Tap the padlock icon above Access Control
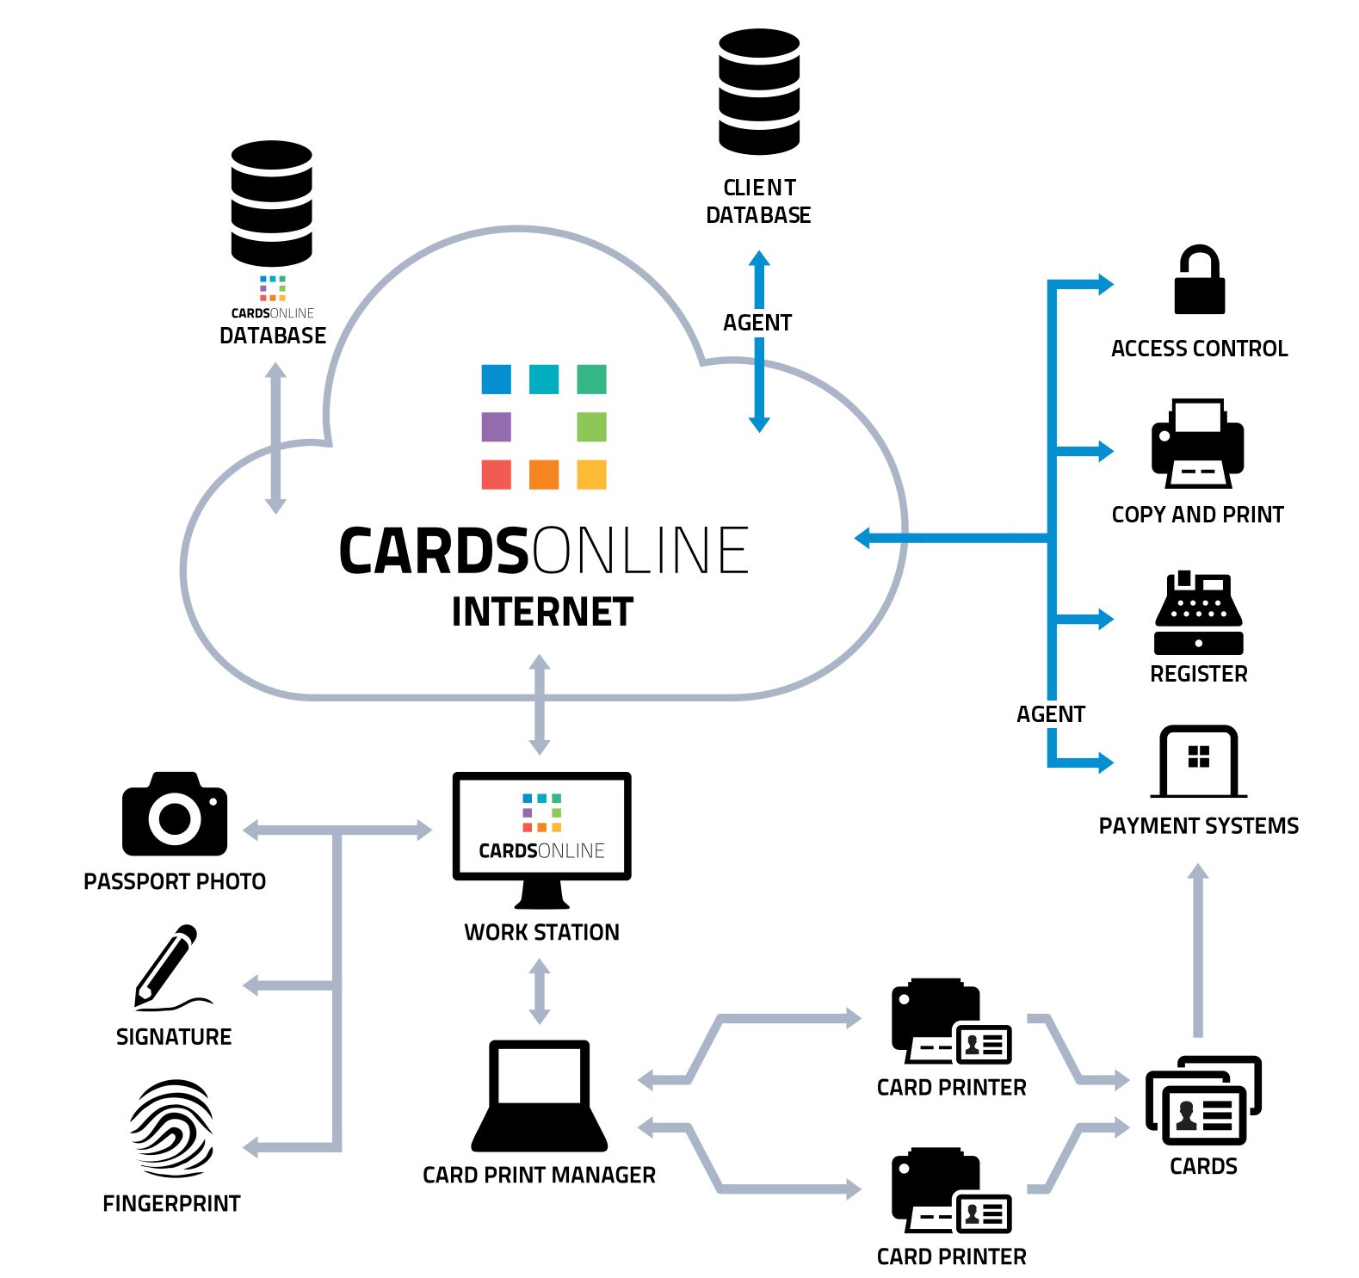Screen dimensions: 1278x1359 click(1199, 281)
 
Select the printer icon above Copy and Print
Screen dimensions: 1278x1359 click(1197, 443)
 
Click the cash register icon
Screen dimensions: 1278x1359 click(1198, 612)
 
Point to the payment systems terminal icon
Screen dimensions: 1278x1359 click(1198, 762)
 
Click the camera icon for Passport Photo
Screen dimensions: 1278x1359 click(175, 814)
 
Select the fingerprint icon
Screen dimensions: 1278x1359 click(172, 1128)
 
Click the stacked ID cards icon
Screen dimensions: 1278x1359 click(1203, 1101)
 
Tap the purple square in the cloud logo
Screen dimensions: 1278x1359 click(496, 427)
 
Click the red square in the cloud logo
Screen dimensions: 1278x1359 click(496, 474)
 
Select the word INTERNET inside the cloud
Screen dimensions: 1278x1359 click(542, 612)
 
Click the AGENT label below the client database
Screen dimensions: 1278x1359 click(757, 323)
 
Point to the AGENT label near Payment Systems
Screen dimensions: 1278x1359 click(1050, 714)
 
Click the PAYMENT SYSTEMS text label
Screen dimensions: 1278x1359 click(1198, 826)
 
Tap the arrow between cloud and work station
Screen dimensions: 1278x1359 click(540, 704)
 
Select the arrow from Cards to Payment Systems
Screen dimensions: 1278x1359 click(1198, 950)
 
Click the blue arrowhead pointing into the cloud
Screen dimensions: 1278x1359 click(863, 539)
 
